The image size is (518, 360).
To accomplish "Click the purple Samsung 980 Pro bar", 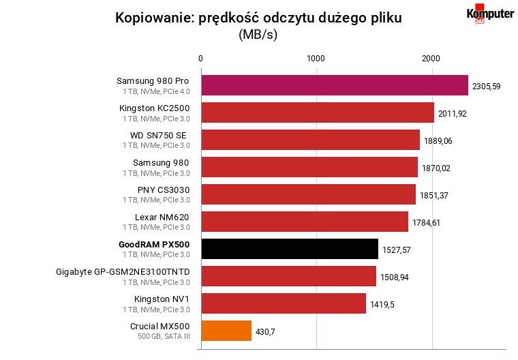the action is (x=335, y=85).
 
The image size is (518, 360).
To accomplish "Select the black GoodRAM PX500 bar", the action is (x=290, y=249).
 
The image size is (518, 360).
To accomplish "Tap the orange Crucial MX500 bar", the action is (x=226, y=331).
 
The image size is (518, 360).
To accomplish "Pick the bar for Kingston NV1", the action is (x=284, y=303).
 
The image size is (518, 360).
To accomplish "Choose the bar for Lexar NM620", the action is (x=305, y=222).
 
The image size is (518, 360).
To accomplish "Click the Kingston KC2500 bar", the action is (x=318, y=112).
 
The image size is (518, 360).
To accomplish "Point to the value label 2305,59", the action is (x=486, y=87).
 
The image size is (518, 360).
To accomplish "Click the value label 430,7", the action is (x=265, y=332).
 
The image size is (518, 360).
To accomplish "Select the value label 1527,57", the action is (x=397, y=250).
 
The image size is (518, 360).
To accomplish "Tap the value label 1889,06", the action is (x=438, y=141).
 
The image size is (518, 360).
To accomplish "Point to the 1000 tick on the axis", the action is (x=316, y=59).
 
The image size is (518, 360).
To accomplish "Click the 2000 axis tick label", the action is (x=431, y=59).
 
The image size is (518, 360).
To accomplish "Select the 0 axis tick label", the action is (x=200, y=59).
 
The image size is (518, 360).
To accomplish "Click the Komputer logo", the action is (x=490, y=14).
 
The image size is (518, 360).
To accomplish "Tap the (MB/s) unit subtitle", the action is (x=258, y=34).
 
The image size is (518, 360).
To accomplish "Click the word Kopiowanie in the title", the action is (x=154, y=18).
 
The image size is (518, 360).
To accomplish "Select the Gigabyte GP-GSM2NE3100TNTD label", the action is (x=123, y=272).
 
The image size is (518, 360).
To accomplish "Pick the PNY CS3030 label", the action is (x=164, y=190).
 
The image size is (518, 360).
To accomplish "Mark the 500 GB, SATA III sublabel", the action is (x=164, y=337).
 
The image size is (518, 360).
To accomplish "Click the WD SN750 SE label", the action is (x=158, y=136).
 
